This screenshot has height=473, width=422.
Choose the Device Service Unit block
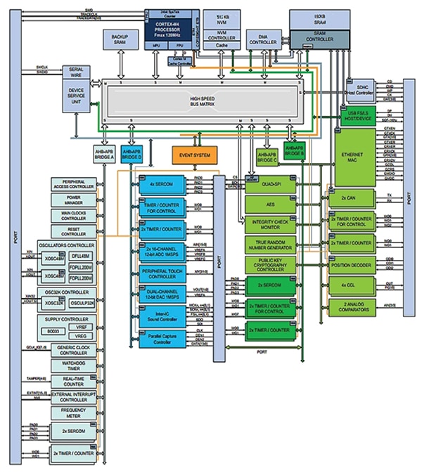pos(76,95)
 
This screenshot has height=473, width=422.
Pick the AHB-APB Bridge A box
pos(103,154)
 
